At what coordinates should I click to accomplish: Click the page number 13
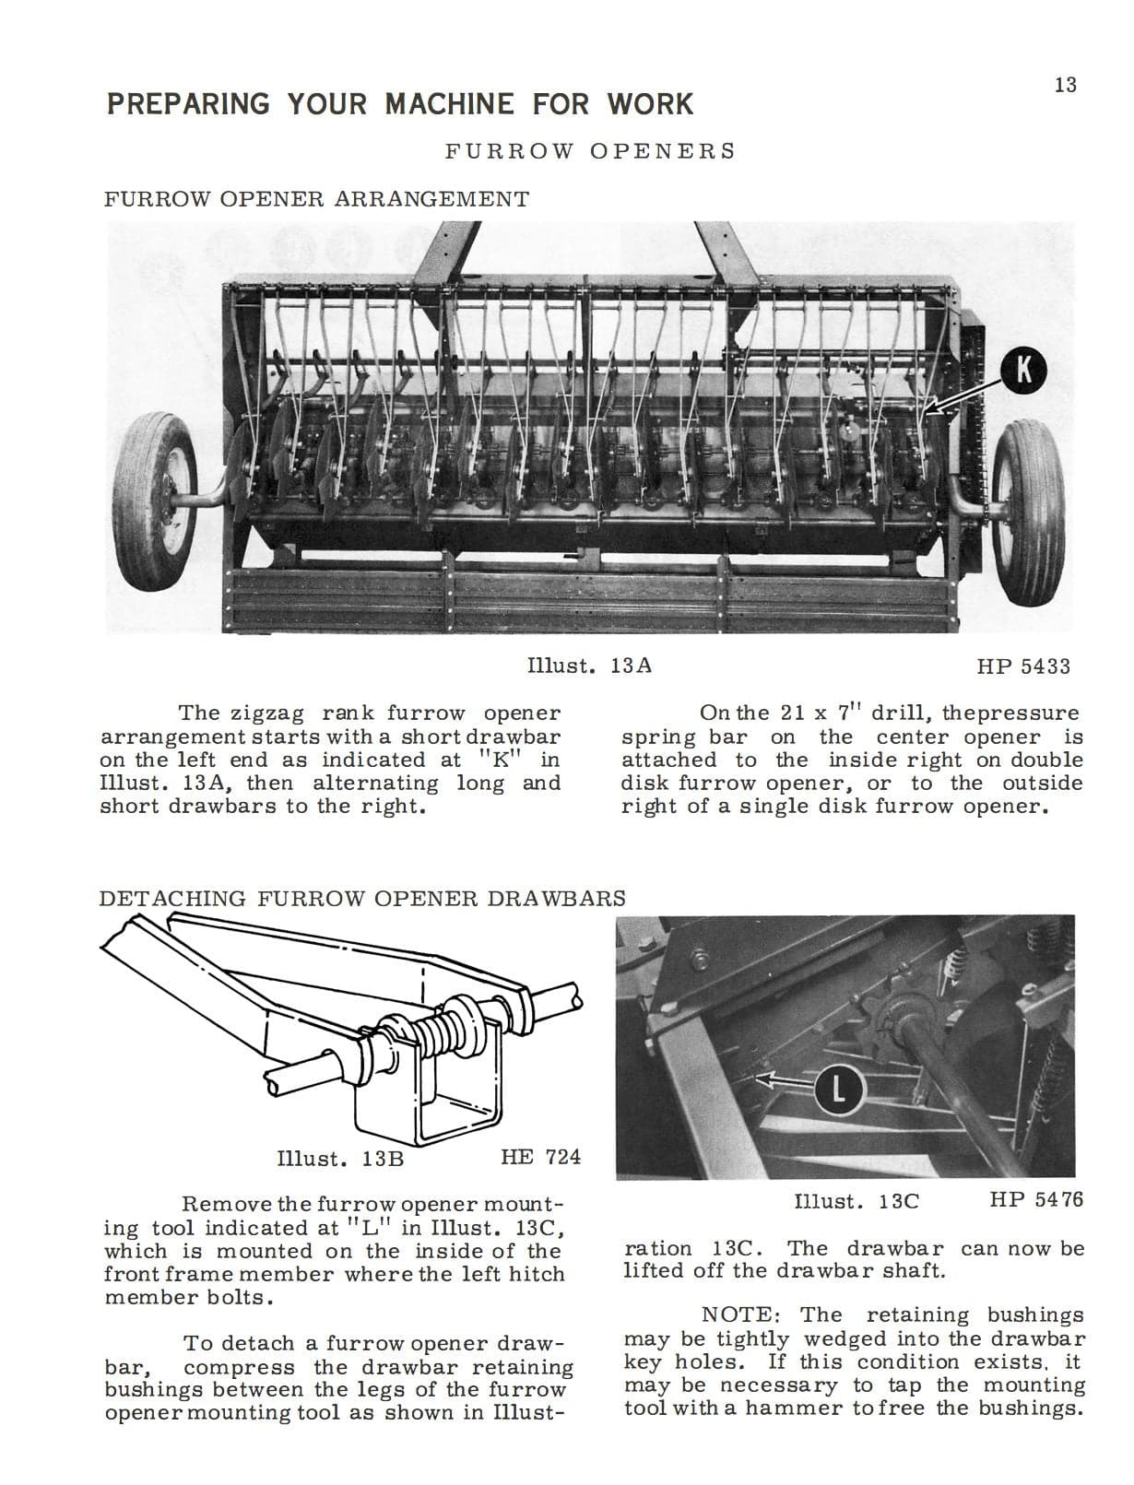point(1065,86)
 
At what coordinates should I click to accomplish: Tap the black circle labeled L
point(837,1090)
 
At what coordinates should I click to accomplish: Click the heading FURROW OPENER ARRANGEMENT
point(316,199)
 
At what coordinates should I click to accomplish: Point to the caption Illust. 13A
point(588,666)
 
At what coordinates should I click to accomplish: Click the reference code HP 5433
point(1023,666)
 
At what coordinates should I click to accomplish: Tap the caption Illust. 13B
point(340,1158)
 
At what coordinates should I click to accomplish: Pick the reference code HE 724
point(540,1157)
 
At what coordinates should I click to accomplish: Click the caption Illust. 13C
point(856,1201)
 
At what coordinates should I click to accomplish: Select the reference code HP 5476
point(1036,1199)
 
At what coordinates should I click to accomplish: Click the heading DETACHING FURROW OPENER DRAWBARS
point(362,899)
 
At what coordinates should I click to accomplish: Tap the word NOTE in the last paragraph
point(743,1314)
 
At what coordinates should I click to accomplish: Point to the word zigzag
point(272,713)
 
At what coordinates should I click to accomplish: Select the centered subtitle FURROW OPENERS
point(590,151)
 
